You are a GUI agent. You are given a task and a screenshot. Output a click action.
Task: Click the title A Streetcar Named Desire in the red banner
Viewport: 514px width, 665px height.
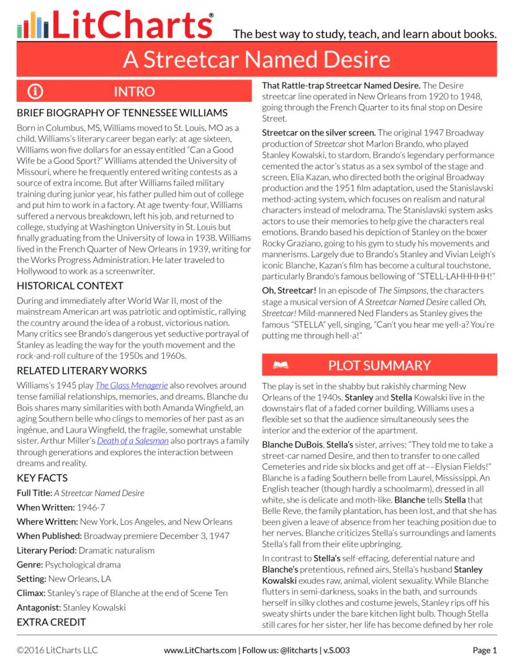point(256,59)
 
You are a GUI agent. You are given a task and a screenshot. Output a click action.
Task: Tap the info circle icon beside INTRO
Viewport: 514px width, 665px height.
point(35,92)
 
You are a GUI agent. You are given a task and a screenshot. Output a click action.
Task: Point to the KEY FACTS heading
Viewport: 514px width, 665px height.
point(42,478)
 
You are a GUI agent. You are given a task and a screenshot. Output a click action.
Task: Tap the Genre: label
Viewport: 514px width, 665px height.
point(30,564)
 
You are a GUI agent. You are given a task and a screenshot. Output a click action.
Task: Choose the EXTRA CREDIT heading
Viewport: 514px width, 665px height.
point(52,622)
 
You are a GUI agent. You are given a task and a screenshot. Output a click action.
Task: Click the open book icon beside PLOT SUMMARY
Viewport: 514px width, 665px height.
point(280,365)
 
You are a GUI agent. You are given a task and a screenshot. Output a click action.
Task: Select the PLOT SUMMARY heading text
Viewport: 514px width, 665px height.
point(379,365)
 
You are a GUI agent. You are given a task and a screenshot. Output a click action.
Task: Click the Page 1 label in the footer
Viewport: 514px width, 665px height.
point(485,651)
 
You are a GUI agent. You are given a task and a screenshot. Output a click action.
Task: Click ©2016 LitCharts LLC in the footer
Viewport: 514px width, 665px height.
point(57,651)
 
